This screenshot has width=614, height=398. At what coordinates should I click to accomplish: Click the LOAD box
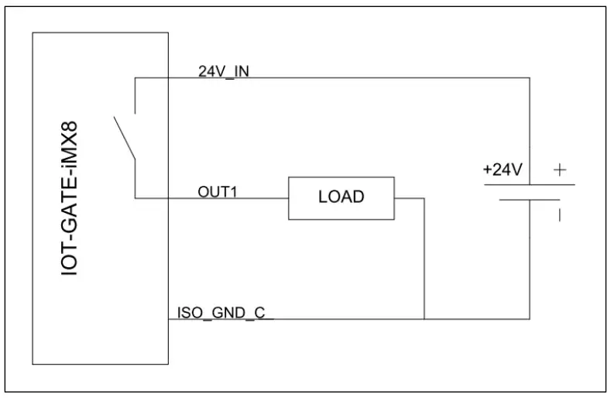point(341,198)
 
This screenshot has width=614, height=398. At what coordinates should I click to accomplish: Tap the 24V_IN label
point(223,71)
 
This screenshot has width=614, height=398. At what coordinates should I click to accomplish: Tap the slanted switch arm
point(125,139)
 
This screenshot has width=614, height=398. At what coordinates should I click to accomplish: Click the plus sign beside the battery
point(560,169)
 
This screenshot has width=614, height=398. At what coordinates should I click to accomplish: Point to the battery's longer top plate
point(530,184)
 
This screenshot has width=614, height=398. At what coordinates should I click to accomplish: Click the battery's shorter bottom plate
point(530,201)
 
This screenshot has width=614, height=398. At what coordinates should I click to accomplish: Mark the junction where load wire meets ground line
point(424,318)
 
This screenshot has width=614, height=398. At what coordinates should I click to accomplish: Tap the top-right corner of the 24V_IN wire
point(530,77)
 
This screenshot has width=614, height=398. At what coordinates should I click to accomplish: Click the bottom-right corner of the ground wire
point(530,318)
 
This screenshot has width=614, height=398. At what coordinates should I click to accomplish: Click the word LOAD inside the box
point(341,197)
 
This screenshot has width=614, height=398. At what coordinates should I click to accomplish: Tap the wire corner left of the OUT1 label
point(135,198)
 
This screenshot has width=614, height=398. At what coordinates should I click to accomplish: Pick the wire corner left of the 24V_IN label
point(135,77)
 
